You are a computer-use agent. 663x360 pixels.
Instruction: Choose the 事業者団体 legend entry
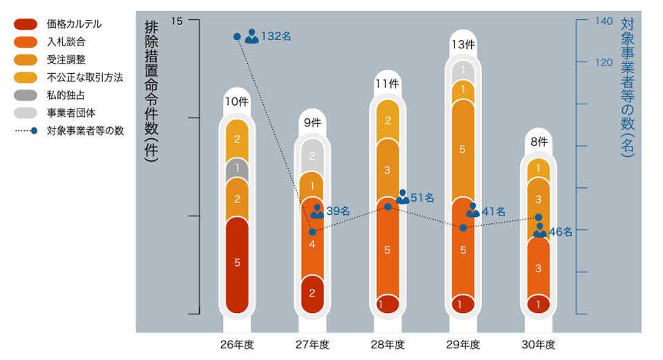pos(70,112)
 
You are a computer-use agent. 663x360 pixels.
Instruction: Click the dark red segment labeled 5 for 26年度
pos(237,263)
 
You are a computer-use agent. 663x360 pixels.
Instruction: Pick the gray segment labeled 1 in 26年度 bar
pos(237,167)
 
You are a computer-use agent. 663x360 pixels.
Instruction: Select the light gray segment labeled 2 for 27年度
pos(312,155)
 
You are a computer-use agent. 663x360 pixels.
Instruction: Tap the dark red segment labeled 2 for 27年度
pos(312,292)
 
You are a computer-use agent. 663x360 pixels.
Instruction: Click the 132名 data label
pos(275,37)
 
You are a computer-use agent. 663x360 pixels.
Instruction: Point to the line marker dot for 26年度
pos(237,36)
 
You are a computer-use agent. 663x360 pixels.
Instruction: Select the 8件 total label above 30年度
pos(539,141)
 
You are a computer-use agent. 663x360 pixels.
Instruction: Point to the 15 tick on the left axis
pos(177,21)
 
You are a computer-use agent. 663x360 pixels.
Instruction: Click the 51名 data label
pos(422,198)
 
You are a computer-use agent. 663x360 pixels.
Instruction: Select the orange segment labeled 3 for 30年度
pos(539,267)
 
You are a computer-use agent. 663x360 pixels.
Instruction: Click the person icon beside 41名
pos(472,210)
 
